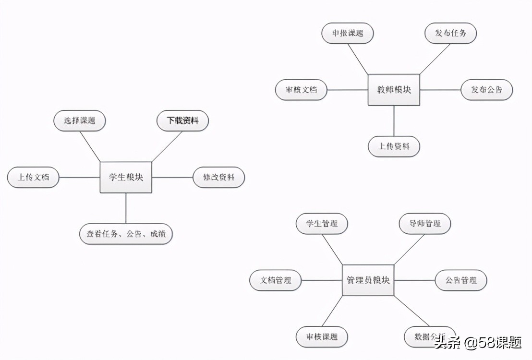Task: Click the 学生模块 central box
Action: pyautogui.click(x=126, y=177)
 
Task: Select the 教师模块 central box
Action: pyautogui.click(x=394, y=90)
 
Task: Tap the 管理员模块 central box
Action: pyautogui.click(x=368, y=280)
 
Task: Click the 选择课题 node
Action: pyautogui.click(x=79, y=121)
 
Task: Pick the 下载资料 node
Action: pyautogui.click(x=182, y=121)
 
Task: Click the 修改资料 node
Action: pyautogui.click(x=218, y=177)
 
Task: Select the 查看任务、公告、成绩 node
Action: pyautogui.click(x=126, y=234)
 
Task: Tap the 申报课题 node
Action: pyautogui.click(x=347, y=34)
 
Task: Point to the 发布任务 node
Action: pyautogui.click(x=450, y=34)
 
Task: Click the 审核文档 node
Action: pyautogui.click(x=301, y=90)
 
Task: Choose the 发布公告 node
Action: pyautogui.click(x=486, y=90)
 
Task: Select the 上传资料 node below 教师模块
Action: pyautogui.click(x=394, y=146)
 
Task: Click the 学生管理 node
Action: pyautogui.click(x=321, y=224)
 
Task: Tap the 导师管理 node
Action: pyautogui.click(x=424, y=224)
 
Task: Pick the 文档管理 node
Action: pyautogui.click(x=276, y=280)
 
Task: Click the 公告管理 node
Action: pyautogui.click(x=461, y=280)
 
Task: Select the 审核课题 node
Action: pyautogui.click(x=321, y=336)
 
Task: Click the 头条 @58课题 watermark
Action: pyautogui.click(x=477, y=342)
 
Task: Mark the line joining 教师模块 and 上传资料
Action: pyautogui.click(x=394, y=121)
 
